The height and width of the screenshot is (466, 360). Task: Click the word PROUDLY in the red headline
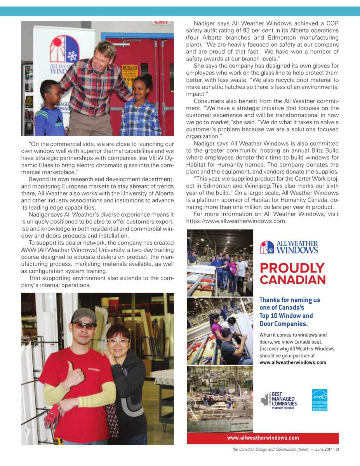pyautogui.click(x=292, y=268)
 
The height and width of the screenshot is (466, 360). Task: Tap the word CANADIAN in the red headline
pyautogui.click(x=292, y=280)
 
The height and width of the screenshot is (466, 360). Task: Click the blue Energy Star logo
pyautogui.click(x=319, y=400)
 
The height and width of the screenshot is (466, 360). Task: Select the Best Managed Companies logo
pyautogui.click(x=279, y=400)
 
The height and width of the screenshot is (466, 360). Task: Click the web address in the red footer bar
pyautogui.click(x=263, y=438)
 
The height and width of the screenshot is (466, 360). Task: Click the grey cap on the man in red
pyautogui.click(x=83, y=316)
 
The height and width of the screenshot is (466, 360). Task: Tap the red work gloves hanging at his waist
pyautogui.click(x=52, y=416)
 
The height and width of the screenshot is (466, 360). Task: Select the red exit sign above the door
pyautogui.click(x=161, y=23)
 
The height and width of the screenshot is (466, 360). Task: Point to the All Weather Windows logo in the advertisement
pyautogui.click(x=289, y=247)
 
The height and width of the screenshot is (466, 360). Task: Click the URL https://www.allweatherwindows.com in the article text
pyautogui.click(x=236, y=221)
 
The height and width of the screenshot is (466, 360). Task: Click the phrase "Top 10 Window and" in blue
pyautogui.click(x=286, y=316)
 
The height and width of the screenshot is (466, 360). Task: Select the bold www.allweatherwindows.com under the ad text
pyautogui.click(x=292, y=363)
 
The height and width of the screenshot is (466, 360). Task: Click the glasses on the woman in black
pyautogui.click(x=118, y=341)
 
